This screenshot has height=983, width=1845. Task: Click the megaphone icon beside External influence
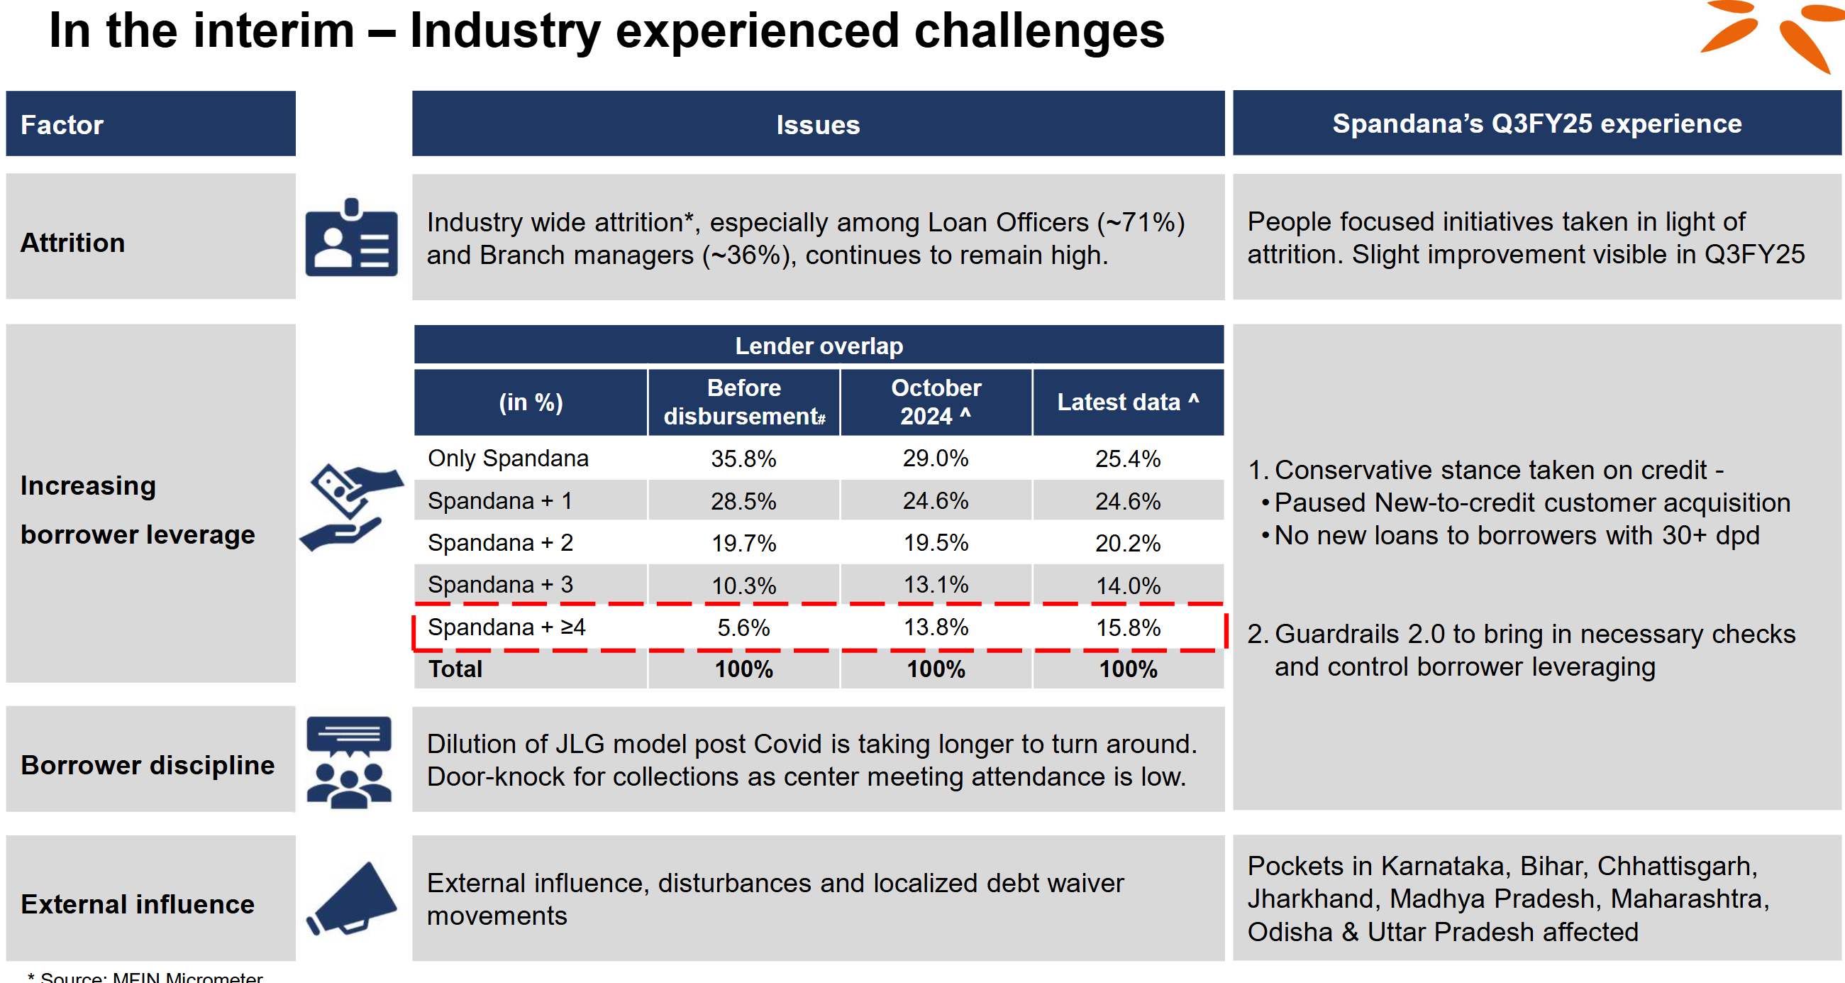click(x=352, y=899)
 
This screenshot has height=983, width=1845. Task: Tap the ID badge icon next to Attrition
click(x=351, y=238)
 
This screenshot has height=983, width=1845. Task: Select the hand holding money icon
click(x=351, y=507)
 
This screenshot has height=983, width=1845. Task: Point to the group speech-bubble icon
click(x=350, y=762)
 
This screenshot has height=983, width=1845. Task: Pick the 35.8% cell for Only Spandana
click(x=743, y=458)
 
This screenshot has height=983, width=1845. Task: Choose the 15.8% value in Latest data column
click(x=1128, y=627)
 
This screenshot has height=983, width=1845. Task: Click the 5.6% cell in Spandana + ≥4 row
click(x=743, y=627)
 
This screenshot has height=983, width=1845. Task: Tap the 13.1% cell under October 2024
click(x=936, y=585)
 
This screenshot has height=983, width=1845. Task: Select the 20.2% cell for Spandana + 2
click(x=1128, y=543)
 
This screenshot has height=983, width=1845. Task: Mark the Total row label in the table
click(x=455, y=669)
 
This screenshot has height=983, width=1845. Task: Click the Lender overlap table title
click(x=819, y=346)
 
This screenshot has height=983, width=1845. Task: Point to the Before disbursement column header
click(x=744, y=402)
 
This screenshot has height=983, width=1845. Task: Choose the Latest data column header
click(x=1128, y=402)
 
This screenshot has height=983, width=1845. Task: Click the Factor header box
click(x=150, y=124)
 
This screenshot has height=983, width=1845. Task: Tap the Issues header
click(x=818, y=125)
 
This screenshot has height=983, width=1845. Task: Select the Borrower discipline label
click(x=148, y=765)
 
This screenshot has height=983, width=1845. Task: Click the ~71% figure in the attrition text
click(x=1140, y=222)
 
